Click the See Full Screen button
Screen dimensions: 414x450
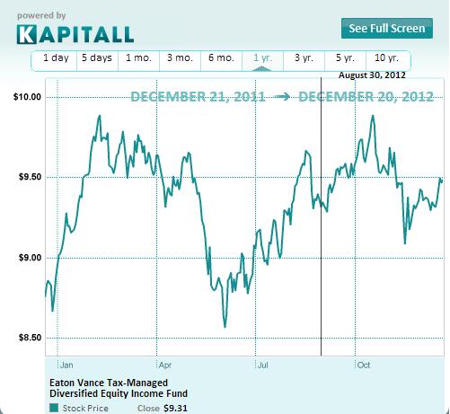(x=385, y=28)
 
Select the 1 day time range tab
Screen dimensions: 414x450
(x=55, y=58)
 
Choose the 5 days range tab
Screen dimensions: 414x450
(x=97, y=58)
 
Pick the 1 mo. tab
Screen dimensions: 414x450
(x=138, y=58)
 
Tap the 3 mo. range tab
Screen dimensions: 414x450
(x=180, y=58)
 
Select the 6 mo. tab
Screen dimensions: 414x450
(x=221, y=58)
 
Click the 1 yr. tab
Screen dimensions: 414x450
(x=263, y=58)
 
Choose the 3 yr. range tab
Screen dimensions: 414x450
(x=304, y=58)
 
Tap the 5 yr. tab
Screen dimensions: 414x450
(x=345, y=58)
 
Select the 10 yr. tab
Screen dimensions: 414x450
(x=387, y=58)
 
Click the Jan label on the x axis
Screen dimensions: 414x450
(x=65, y=366)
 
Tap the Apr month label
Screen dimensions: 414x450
(x=164, y=366)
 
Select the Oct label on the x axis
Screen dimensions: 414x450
(x=364, y=366)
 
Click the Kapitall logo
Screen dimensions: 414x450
(x=75, y=34)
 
